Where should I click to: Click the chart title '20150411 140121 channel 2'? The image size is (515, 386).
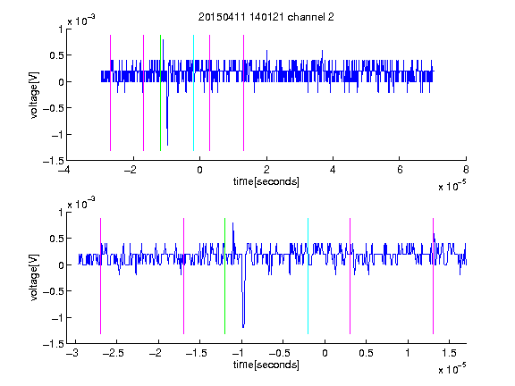coord(266,17)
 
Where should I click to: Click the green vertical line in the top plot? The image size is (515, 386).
coord(161,93)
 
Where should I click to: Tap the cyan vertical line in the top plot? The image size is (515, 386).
coord(193,93)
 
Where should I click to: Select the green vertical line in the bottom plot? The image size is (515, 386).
coord(225,276)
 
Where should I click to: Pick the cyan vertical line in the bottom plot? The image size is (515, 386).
coord(308,276)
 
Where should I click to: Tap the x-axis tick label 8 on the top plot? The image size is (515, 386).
coord(466,170)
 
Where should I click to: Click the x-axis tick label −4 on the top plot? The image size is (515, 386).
coord(65,170)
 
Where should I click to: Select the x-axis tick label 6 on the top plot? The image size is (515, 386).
coord(400,170)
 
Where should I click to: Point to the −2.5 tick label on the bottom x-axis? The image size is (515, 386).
coord(114,353)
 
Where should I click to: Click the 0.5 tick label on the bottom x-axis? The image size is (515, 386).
coord(366,353)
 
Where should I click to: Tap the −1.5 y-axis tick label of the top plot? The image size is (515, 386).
coord(54,161)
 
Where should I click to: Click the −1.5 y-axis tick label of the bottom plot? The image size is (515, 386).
coord(54,344)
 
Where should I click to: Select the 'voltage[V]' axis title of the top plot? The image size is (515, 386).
coord(35,95)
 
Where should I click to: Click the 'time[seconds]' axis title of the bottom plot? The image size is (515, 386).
coord(266,365)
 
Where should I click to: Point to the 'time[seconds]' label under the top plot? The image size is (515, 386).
coord(266,181)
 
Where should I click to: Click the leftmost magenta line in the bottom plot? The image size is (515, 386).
coord(100,276)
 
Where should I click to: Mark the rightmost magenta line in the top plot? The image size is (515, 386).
coord(244,93)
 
